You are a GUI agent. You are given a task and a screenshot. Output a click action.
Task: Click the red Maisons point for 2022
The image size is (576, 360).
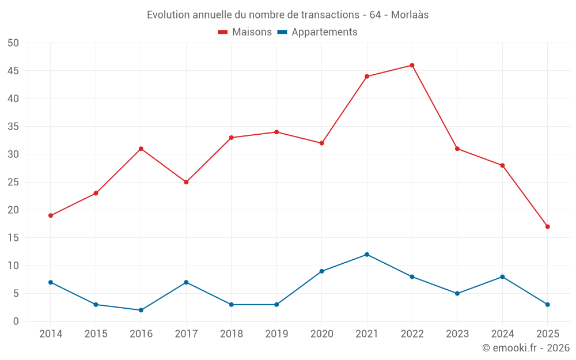pyautogui.click(x=412, y=65)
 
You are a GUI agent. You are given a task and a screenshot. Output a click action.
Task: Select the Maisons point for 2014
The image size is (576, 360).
pyautogui.click(x=51, y=215)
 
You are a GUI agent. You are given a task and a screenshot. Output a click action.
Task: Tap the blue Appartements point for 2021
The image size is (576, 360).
pyautogui.click(x=367, y=255)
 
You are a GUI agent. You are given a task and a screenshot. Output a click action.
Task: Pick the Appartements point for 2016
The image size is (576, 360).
pyautogui.click(x=141, y=310)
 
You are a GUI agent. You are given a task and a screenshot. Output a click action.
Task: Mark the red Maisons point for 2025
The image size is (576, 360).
pyautogui.click(x=547, y=226)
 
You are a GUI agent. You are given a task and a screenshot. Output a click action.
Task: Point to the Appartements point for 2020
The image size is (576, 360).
pyautogui.click(x=321, y=271)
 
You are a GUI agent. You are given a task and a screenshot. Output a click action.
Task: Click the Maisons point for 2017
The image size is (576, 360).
pyautogui.click(x=186, y=182)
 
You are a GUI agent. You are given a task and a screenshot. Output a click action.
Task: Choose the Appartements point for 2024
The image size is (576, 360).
pyautogui.click(x=502, y=276)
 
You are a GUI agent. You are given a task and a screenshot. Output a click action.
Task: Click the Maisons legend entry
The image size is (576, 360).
pyautogui.click(x=245, y=32)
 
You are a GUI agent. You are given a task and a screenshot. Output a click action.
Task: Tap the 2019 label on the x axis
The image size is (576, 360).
pyautogui.click(x=276, y=334)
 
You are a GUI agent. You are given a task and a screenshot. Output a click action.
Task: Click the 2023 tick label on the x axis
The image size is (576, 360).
pyautogui.click(x=457, y=334)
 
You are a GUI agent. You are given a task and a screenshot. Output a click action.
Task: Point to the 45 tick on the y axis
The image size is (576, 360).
pyautogui.click(x=13, y=71)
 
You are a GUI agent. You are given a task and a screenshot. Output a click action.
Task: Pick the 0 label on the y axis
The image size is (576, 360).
pyautogui.click(x=16, y=321)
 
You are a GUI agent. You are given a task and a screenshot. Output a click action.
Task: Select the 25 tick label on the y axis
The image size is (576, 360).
pyautogui.click(x=13, y=182)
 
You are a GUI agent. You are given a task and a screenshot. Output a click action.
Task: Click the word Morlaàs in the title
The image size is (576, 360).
pyautogui.click(x=410, y=15)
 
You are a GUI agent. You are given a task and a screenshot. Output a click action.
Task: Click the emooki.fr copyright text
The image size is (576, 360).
pyautogui.click(x=526, y=348)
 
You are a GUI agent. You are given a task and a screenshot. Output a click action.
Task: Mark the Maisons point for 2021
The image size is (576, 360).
pyautogui.click(x=367, y=76)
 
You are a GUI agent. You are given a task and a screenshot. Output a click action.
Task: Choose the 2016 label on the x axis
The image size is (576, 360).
pyautogui.click(x=141, y=334)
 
